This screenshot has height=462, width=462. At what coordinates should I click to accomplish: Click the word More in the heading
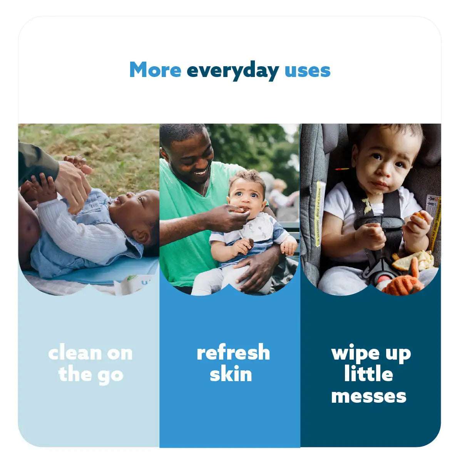coord(155,70)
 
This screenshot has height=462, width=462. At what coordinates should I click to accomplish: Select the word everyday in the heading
coord(233,71)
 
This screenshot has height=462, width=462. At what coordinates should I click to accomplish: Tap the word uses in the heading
coord(307,71)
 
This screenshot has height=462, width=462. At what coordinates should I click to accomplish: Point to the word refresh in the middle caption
coord(233,353)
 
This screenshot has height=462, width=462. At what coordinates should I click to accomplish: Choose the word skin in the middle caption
coord(231,374)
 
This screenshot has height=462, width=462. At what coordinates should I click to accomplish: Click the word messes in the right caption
coord(368,396)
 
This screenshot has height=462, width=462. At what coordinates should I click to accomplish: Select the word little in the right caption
coord(368,374)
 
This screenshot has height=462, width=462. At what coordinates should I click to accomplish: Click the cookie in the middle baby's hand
coord(250,243)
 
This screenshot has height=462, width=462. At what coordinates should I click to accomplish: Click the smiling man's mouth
coord(201,173)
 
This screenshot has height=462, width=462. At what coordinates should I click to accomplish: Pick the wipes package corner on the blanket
coord(129,285)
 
